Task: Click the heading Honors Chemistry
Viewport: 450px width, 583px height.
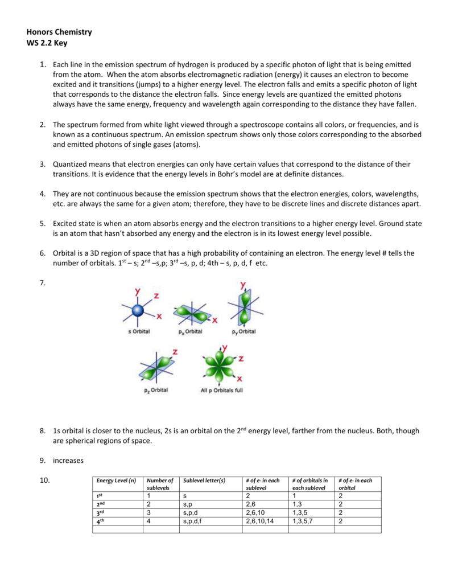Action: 59,32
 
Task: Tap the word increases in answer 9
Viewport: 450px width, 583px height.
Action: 69,460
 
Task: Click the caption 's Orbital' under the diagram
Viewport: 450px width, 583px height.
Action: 138,331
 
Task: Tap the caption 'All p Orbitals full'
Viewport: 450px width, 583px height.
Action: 221,391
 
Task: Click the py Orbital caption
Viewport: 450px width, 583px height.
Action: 243,331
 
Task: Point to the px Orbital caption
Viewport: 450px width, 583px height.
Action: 189,331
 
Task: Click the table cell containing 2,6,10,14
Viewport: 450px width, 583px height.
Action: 259,521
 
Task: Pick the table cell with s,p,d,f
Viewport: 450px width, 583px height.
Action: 193,521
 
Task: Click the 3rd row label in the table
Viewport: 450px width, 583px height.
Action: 101,512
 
